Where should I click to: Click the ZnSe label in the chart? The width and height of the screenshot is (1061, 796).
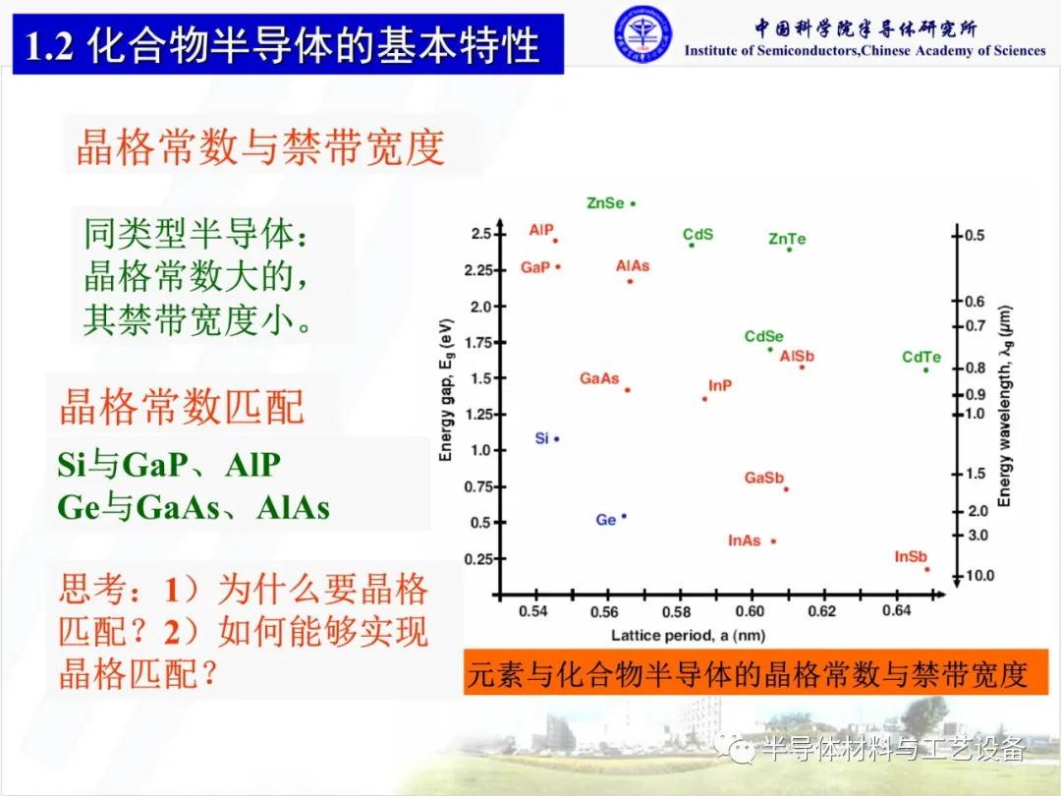coord(605,203)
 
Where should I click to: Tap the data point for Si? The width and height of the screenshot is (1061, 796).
coord(557,439)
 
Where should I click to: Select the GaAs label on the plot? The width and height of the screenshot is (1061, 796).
coord(599,378)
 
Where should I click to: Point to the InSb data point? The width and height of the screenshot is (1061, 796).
coord(927,569)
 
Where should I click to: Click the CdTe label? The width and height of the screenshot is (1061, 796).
coord(921,357)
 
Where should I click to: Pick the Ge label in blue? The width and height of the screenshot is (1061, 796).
coord(605,520)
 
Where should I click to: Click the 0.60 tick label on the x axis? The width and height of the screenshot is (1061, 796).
coord(750,611)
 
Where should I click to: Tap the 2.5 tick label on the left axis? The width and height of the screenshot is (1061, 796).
coord(481,234)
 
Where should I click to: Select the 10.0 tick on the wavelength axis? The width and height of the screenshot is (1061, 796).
coord(979,575)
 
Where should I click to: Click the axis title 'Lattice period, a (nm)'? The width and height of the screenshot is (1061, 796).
coord(688,636)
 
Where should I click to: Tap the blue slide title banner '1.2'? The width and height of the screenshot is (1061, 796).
coord(288,44)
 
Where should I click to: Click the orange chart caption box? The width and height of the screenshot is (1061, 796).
coord(755,673)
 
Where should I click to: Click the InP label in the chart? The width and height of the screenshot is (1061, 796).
coord(720,386)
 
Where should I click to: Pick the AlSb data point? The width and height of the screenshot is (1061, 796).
coord(802,367)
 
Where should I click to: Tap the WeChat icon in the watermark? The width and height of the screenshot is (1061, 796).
coord(734,749)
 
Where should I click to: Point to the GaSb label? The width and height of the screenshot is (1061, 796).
coord(764,478)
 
